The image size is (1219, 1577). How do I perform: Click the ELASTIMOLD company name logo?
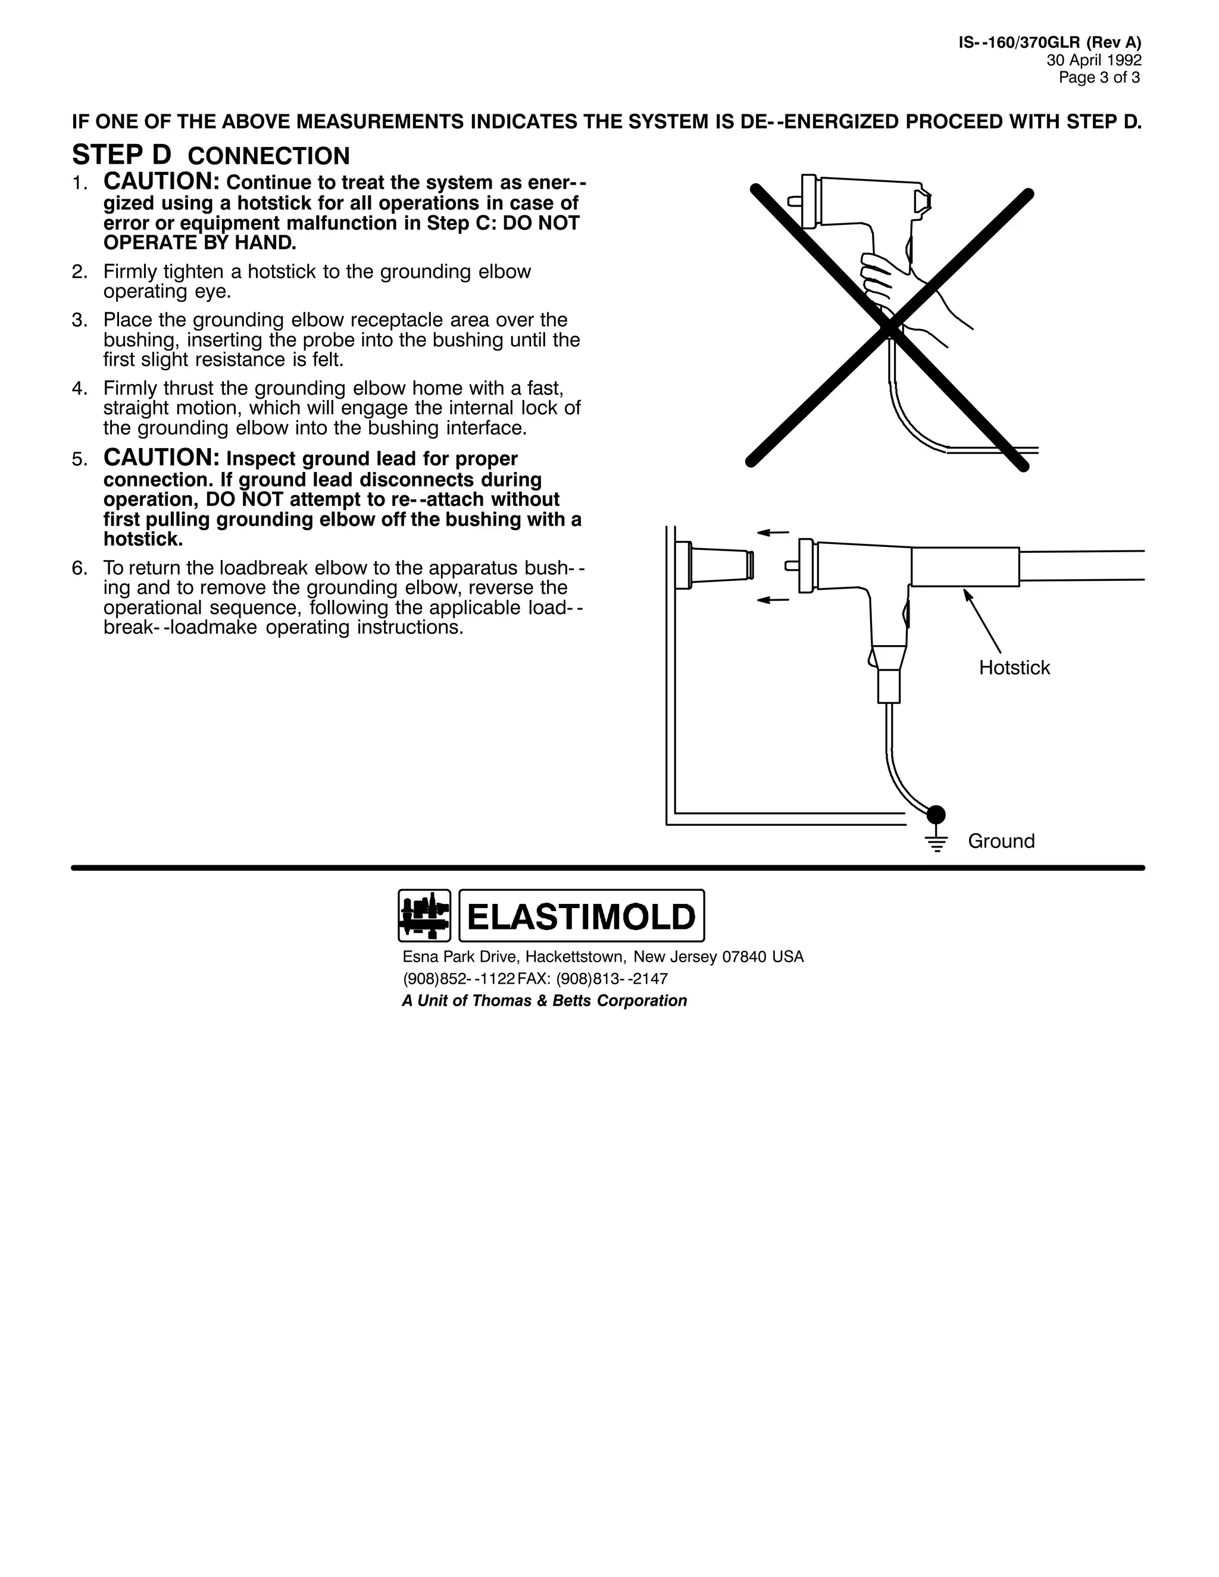click(582, 916)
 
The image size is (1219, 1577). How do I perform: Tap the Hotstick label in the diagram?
click(1014, 668)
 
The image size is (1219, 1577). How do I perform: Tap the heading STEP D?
click(122, 155)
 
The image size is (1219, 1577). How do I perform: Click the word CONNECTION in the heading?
click(268, 156)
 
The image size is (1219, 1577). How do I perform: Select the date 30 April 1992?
click(1094, 61)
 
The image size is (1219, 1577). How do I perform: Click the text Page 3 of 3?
click(1099, 77)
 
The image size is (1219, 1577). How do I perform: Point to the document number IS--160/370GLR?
click(1018, 43)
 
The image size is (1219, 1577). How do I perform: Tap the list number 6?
click(79, 568)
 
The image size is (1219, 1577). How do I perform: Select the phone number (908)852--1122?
click(458, 978)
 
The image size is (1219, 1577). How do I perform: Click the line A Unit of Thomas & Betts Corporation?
click(544, 1001)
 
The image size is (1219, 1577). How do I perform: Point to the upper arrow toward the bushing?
click(773, 533)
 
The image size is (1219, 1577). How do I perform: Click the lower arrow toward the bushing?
click(773, 600)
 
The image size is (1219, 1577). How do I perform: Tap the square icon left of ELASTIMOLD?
click(424, 916)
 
